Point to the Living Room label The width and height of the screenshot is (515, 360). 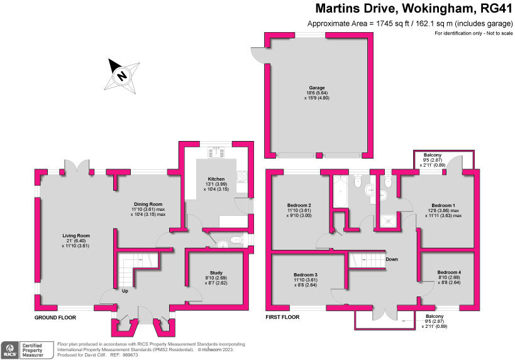(77, 235)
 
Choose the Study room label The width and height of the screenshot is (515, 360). (214, 273)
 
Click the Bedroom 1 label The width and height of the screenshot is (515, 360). (443, 205)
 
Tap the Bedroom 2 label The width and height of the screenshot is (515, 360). (300, 205)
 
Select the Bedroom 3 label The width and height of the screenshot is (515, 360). (306, 275)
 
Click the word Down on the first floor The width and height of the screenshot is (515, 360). (391, 259)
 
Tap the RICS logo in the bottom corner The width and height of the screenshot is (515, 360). (11, 348)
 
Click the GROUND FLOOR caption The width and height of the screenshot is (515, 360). (55, 318)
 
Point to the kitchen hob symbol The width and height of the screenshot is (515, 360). (217, 150)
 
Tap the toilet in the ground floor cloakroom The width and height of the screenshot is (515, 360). (235, 240)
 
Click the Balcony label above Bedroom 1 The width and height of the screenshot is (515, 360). (432, 155)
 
